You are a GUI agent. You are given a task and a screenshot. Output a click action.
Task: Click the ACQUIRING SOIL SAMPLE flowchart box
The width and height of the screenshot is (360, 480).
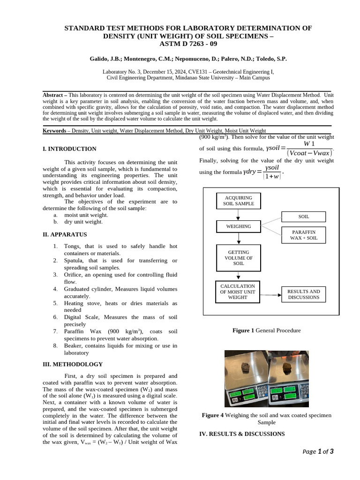[238, 201]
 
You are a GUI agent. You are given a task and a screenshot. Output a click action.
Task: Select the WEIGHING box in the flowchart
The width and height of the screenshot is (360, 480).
[238, 226]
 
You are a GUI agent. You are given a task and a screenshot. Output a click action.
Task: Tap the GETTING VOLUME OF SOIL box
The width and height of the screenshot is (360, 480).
[238, 258]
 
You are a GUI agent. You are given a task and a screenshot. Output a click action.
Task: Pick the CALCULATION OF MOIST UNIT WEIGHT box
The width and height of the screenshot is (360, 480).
[237, 292]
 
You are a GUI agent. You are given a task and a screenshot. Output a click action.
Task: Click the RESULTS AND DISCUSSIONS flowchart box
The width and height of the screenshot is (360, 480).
[303, 294]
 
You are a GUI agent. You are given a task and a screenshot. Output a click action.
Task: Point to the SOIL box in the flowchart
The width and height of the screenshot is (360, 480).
[303, 217]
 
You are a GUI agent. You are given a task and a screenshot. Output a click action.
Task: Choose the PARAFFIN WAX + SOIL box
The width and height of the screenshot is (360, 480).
[303, 235]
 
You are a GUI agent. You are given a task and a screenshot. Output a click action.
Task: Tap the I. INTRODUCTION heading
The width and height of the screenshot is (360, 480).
[69, 149]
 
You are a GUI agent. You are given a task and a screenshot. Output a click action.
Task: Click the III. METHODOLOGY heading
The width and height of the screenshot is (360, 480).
[72, 364]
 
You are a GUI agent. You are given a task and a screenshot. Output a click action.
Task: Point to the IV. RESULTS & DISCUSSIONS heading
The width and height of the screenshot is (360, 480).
[242, 434]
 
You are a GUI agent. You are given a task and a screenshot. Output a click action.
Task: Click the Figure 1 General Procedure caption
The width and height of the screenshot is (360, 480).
[266, 330]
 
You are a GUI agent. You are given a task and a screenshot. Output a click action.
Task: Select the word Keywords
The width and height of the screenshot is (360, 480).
[54, 131]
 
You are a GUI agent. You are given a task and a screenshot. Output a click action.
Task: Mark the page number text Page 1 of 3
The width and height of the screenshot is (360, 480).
[318, 452]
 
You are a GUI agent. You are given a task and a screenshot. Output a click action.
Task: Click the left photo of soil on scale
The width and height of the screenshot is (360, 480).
[246, 379]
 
